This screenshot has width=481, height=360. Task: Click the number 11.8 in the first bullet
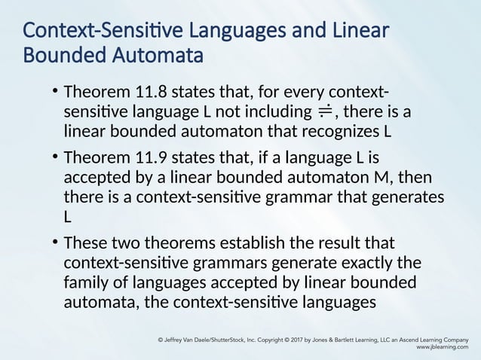(149, 93)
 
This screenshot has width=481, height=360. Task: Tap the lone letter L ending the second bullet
(68, 216)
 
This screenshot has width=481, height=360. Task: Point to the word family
(87, 283)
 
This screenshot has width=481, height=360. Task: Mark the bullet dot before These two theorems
(55, 243)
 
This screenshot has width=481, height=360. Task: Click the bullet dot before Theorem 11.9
(55, 157)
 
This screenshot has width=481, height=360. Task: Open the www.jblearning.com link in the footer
(442, 349)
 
